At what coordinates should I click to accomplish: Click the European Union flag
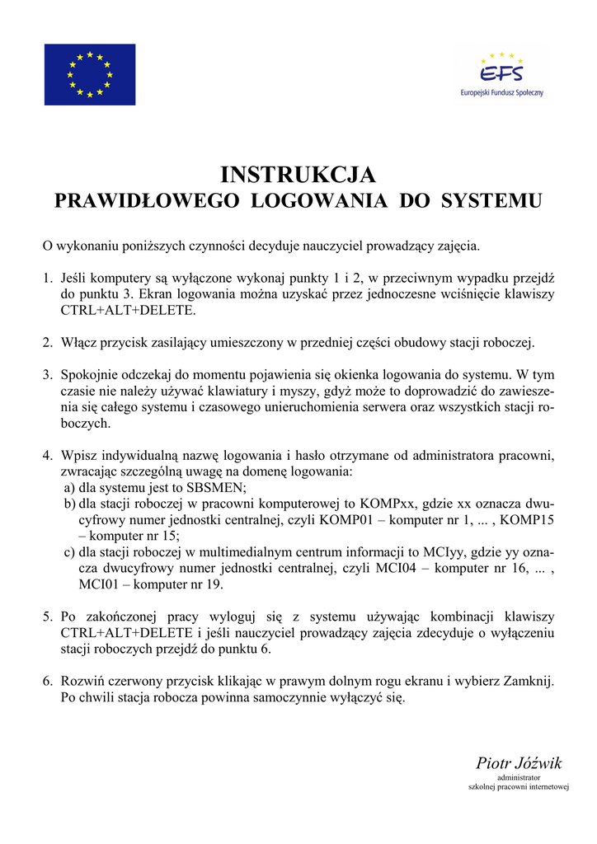click(90, 74)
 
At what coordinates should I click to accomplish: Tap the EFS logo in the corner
click(501, 73)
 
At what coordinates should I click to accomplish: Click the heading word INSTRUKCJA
click(298, 175)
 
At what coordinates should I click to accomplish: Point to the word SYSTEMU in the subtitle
click(492, 201)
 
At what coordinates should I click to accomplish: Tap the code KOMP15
click(527, 519)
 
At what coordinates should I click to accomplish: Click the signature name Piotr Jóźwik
click(519, 763)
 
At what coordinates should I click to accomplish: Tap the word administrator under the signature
click(519, 777)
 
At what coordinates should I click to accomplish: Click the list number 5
click(47, 617)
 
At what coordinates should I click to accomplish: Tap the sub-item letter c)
click(70, 551)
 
